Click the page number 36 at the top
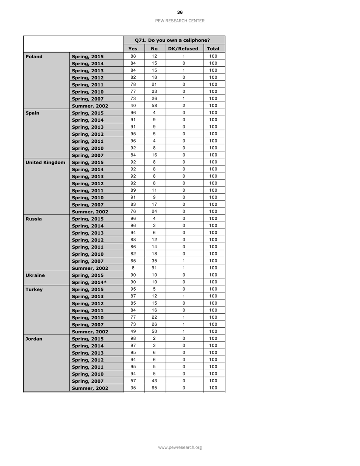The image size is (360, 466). click(x=180, y=13)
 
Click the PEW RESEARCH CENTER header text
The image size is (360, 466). click(x=180, y=21)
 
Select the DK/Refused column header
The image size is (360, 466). click(x=183, y=49)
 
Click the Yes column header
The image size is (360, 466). click(x=133, y=49)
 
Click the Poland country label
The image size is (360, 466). click(x=34, y=56)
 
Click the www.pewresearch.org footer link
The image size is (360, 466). click(x=180, y=447)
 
